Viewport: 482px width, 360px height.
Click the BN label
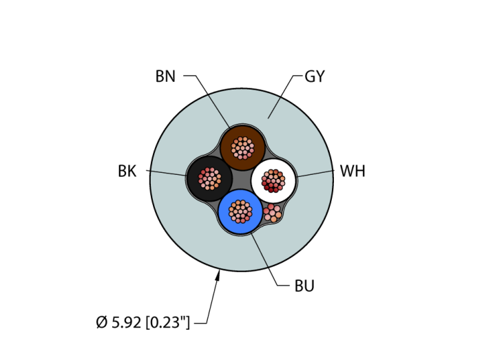165,76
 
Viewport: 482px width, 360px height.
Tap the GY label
315,76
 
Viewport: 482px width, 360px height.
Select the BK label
127,171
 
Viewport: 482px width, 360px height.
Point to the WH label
353,171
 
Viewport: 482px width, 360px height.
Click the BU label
304,286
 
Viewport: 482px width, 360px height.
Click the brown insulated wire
242,148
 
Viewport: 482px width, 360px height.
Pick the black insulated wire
209,179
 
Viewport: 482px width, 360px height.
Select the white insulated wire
273,181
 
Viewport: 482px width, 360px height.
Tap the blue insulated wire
241,211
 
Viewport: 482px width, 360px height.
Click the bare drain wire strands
273,213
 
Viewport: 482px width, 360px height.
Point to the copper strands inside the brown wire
242,148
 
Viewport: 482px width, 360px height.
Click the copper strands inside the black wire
209,179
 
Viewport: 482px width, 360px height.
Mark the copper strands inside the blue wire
240,211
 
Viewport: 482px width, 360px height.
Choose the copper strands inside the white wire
273,181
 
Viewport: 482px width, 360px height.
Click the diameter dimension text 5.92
126,323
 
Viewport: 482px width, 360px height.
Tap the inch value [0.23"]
168,323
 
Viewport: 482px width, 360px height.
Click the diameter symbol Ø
101,323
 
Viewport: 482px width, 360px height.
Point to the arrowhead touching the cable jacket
218,275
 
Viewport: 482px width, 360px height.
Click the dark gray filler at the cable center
241,180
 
